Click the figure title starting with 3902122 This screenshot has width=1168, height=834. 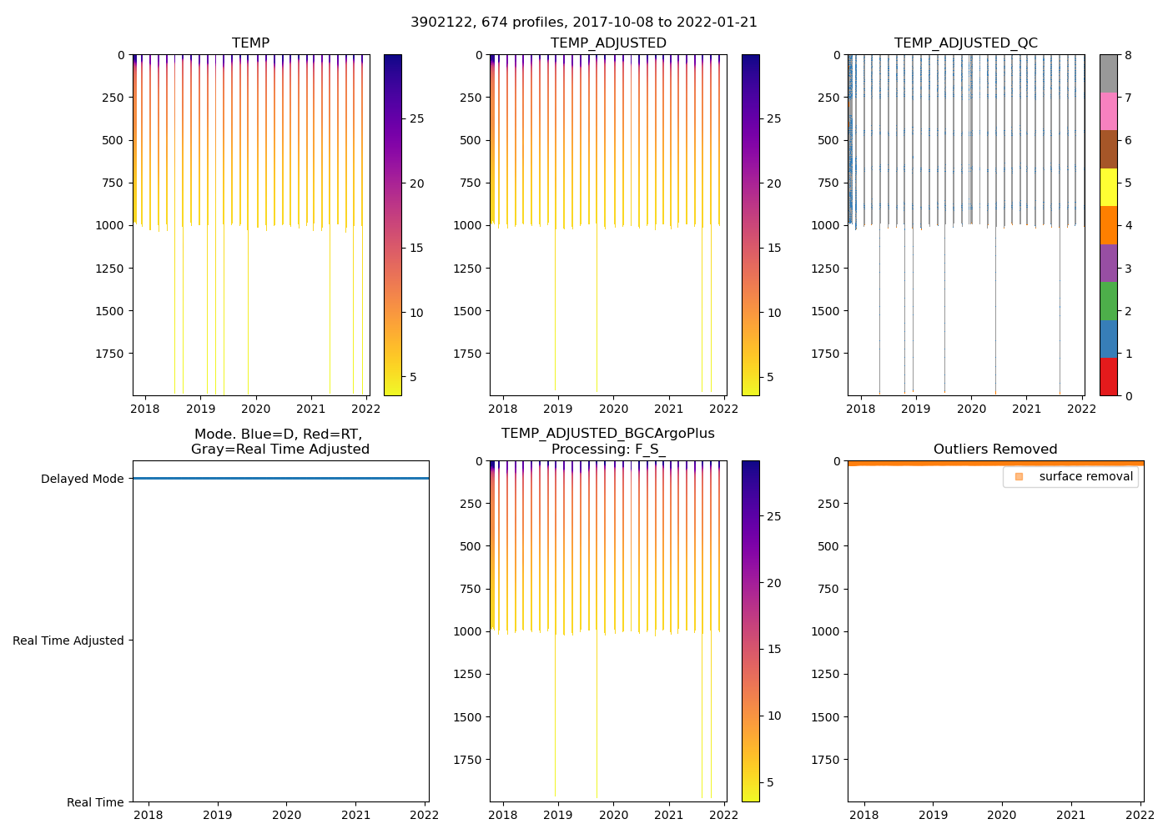[x=583, y=23]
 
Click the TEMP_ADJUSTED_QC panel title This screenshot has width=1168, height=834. [x=965, y=43]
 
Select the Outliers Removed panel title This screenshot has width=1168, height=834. [x=994, y=450]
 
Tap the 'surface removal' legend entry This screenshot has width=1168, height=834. [x=1085, y=477]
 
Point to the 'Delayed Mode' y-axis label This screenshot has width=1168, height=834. [x=82, y=479]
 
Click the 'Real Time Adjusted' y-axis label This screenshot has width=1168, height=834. [x=68, y=641]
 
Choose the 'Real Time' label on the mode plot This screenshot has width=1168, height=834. [x=95, y=802]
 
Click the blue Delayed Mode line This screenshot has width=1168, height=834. [x=280, y=478]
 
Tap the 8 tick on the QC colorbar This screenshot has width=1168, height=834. [x=1128, y=55]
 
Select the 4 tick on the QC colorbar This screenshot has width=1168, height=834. [x=1128, y=225]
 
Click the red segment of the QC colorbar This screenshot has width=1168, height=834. [x=1108, y=376]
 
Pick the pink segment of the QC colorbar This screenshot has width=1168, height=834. [x=1108, y=111]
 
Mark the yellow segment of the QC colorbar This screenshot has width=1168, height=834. [x=1108, y=187]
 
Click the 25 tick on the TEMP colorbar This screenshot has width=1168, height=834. [x=416, y=119]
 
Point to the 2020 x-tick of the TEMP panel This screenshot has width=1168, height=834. [x=255, y=409]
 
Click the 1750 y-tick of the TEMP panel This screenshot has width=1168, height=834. [x=110, y=354]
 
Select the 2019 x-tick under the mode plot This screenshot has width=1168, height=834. [x=218, y=815]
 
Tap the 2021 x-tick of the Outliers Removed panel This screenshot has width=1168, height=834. [x=1071, y=815]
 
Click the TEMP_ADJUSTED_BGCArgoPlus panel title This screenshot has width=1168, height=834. [x=607, y=441]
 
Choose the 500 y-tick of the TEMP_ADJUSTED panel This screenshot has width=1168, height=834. [x=471, y=140]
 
